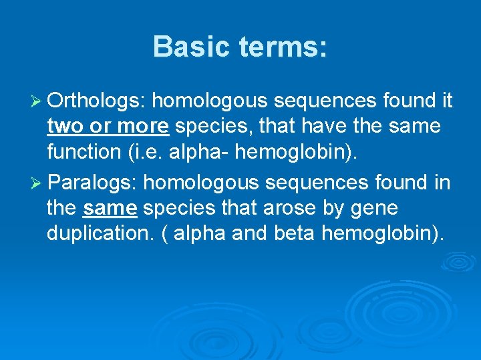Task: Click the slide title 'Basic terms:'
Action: click(240, 47)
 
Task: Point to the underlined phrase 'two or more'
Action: click(108, 126)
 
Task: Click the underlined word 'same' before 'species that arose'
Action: click(110, 208)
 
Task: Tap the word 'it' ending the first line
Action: click(448, 101)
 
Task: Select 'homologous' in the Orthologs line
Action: click(210, 101)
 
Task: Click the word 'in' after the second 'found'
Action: click(442, 182)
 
